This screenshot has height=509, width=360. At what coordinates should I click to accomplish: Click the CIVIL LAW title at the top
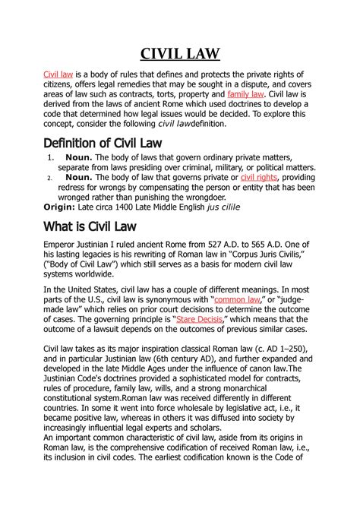pos(180,54)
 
